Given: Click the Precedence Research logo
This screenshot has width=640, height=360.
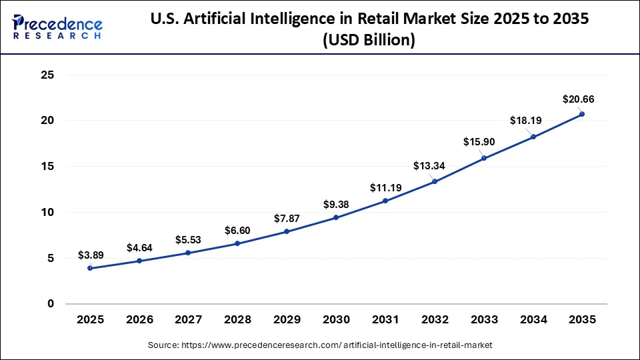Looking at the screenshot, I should coord(57,27).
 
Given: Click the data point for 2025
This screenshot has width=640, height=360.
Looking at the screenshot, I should coord(90,268).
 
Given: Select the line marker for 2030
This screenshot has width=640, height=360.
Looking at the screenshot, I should coord(336,217).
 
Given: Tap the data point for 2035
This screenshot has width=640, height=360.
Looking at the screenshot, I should coord(582,114).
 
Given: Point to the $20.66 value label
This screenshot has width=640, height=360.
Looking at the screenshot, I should coord(578,99).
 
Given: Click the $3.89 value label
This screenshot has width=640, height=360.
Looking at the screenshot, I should coord(91,255).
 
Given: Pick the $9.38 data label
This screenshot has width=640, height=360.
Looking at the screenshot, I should coord(337,204).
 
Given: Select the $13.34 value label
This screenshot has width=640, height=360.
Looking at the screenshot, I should coord(435,165).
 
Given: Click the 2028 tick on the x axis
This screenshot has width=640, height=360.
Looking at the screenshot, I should coord(237,320).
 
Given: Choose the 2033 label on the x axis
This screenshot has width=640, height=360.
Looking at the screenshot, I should coord(483,320).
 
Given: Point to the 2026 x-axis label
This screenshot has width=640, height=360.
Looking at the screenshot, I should coord(139,320).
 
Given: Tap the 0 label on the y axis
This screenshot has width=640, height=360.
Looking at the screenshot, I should coord(50,304).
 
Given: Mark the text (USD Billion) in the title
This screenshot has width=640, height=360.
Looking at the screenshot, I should coord(369,41).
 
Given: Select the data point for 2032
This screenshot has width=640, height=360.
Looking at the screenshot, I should coord(435,181).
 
